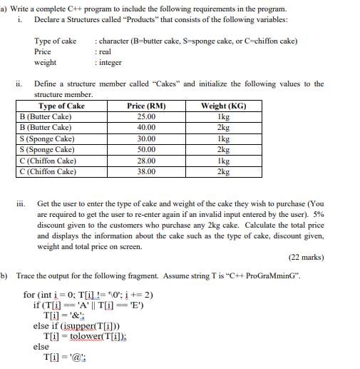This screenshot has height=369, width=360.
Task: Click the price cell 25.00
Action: click(x=145, y=116)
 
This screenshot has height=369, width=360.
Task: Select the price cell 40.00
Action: click(x=145, y=127)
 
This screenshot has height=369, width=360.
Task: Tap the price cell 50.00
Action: click(x=145, y=150)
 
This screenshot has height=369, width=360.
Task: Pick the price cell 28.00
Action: click(x=145, y=161)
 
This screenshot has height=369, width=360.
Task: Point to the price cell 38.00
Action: click(x=145, y=172)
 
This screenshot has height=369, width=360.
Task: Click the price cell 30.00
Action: click(x=145, y=138)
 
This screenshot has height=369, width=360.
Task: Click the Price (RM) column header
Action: click(x=145, y=106)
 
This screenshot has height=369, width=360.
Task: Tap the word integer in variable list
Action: click(x=110, y=63)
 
